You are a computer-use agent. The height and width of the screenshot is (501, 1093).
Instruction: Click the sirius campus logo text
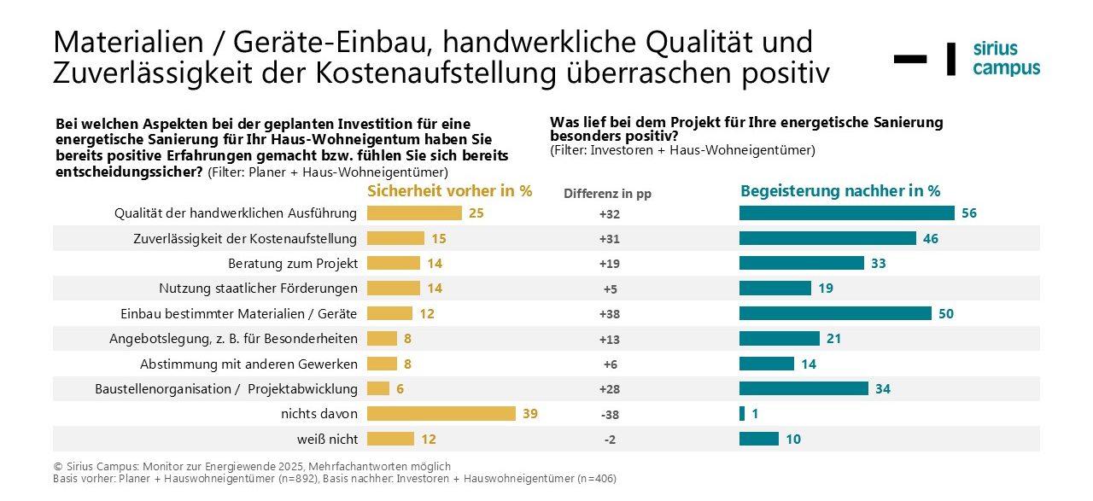pos(1006,58)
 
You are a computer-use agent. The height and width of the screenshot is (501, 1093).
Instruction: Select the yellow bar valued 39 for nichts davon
pos(441,414)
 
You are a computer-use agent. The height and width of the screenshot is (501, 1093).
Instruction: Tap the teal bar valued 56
pos(846,213)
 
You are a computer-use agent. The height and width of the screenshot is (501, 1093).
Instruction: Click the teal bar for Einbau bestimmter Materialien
pos(835,313)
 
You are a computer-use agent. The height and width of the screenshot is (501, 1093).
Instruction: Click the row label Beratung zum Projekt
pos(293,264)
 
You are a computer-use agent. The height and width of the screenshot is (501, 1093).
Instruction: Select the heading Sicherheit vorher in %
pos(449,191)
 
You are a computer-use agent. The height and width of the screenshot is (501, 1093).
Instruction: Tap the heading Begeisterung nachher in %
pos(840,191)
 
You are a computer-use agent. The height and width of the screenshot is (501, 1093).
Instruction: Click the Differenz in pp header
pos(607,194)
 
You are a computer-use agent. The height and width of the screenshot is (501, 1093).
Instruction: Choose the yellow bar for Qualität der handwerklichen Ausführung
pos(414,213)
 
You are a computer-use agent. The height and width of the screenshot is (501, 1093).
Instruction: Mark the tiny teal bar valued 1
pos(742,414)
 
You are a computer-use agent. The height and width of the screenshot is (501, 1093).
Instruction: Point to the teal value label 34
pos(883,389)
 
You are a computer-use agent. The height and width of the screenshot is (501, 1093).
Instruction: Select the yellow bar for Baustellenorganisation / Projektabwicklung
pos(378,389)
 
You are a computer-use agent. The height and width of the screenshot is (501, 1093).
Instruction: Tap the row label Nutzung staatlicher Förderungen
pos(259,288)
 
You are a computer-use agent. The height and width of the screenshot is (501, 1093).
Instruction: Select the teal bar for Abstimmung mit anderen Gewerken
pos(766,364)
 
